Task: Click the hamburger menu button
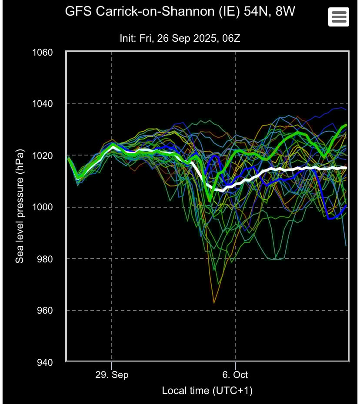(339, 17)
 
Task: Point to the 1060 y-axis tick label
(42, 53)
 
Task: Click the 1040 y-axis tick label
(42, 104)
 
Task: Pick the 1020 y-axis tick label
(42, 156)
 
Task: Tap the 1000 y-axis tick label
(42, 207)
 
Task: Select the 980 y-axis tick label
(45, 259)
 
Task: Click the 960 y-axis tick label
(45, 311)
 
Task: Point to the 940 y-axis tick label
(45, 362)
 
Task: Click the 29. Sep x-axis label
(112, 374)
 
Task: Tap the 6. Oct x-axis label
(235, 374)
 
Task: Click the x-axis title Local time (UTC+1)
(207, 391)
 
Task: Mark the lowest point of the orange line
(214, 303)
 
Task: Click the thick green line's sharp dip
(210, 200)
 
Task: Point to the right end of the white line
(347, 167)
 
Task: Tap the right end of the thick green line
(347, 125)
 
